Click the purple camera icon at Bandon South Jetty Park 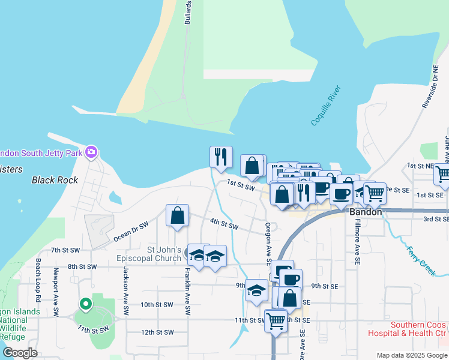91,152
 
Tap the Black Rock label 52,180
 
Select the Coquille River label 325,106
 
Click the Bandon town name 366,212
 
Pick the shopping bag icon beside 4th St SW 178,216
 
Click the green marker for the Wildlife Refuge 85,305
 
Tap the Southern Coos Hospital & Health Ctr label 418,329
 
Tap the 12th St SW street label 157,332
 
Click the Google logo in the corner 20,353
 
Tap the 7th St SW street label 65,250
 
